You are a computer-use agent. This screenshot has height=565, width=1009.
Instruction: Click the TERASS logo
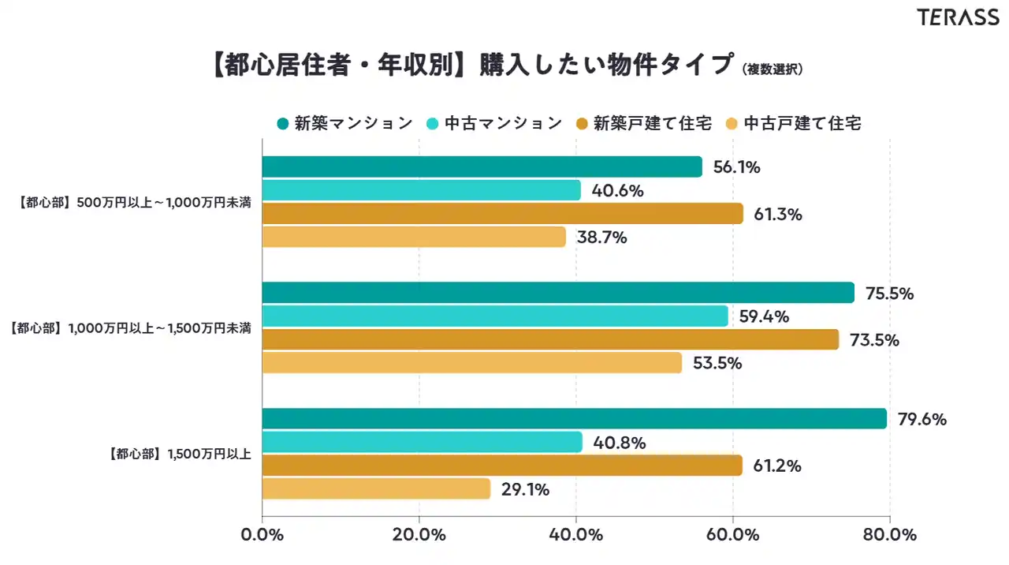pos(957,17)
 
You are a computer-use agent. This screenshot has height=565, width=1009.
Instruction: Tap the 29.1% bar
pos(375,489)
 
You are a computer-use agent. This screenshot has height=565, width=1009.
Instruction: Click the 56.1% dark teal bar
pos(481,167)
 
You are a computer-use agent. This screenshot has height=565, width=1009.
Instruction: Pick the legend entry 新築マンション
pos(344,123)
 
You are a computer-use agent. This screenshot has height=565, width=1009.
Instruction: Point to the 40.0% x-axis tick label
pos(575,535)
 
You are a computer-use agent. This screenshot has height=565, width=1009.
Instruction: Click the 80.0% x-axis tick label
pos(889,535)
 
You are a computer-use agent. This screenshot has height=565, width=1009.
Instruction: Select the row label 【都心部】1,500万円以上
pos(178,454)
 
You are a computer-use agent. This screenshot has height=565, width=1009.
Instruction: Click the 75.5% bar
pos(557,293)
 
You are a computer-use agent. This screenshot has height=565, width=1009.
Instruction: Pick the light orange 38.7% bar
pos(413,237)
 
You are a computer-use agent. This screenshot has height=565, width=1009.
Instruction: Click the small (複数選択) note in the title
pos(773,69)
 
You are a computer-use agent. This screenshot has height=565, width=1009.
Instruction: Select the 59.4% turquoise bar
pos(494,316)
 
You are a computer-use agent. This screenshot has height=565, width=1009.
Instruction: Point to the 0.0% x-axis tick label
pos(262,535)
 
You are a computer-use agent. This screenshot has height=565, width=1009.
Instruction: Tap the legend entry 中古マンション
pos(494,123)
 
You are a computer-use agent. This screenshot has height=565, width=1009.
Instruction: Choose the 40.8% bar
pos(422,442)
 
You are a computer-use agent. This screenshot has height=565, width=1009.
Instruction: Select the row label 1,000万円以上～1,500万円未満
pos(131,327)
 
